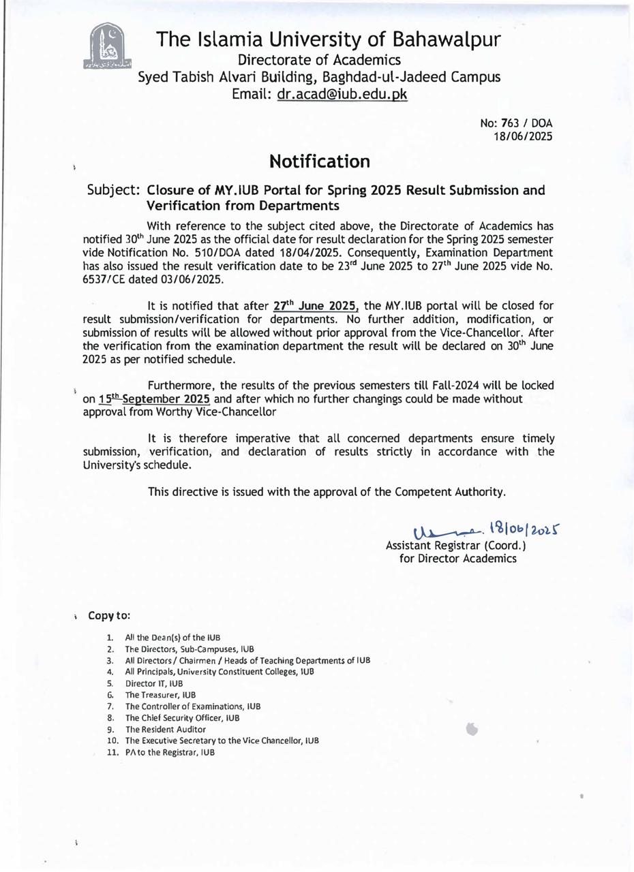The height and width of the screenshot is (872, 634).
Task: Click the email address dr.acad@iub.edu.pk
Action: pyautogui.click(x=342, y=95)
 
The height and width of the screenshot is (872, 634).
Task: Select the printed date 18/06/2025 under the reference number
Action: pyautogui.click(x=523, y=136)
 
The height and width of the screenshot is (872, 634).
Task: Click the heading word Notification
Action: pyautogui.click(x=319, y=161)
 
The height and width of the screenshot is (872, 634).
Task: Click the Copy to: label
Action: pyautogui.click(x=109, y=615)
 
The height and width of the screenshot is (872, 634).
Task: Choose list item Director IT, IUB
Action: pyautogui.click(x=154, y=683)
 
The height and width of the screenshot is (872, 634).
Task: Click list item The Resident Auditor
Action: pyautogui.click(x=165, y=729)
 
